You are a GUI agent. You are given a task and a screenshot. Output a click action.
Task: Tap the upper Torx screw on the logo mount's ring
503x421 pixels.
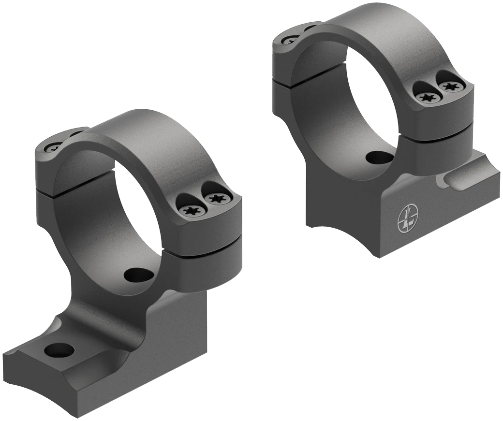point(452,87)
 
